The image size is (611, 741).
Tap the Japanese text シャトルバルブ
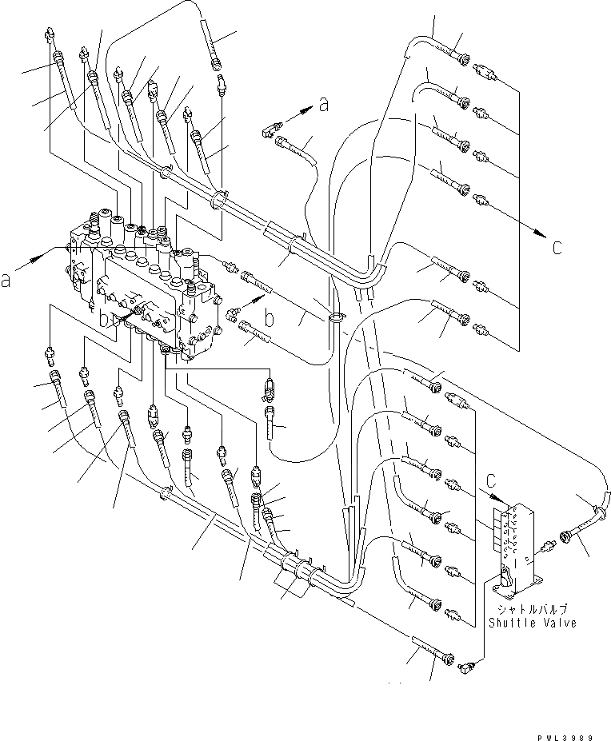click(532, 609)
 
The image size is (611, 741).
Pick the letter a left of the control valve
click(6, 281)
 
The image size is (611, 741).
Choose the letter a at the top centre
click(324, 102)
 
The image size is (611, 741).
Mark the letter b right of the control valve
click(270, 319)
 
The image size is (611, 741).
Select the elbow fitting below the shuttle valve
click(469, 661)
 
